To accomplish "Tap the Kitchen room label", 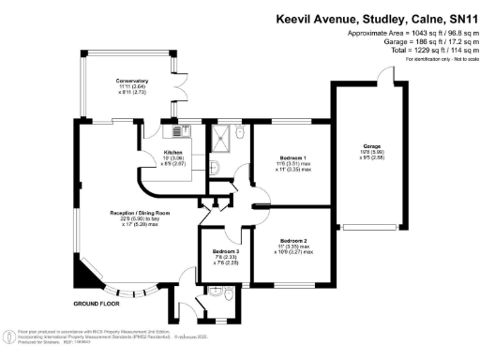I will pos(173,151).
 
